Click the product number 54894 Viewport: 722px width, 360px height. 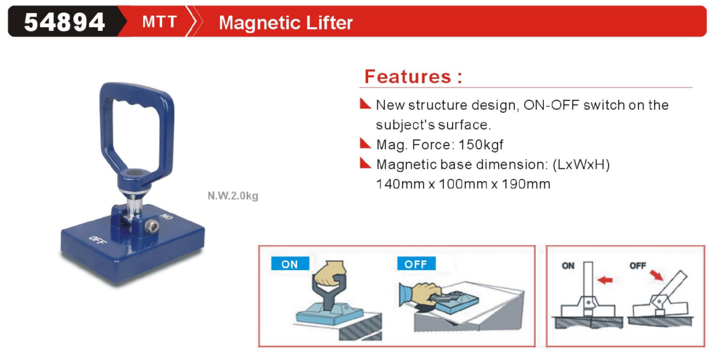pos(64,22)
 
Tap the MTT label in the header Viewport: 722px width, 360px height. pos(159,22)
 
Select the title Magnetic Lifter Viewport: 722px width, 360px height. pos(285,22)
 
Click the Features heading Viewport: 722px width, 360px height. pos(412,76)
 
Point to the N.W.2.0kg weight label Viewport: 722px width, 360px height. pos(233,196)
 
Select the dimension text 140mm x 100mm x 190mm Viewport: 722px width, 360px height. pos(463,184)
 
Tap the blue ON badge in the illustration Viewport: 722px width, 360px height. pos(290,263)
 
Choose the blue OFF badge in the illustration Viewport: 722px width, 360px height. pos(416,263)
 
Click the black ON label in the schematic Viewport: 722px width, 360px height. pos(568,266)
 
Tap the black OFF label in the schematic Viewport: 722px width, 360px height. pos(638,266)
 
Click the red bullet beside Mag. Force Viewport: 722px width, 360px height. pos(366,143)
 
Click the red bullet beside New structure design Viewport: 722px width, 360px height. pos(366,104)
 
